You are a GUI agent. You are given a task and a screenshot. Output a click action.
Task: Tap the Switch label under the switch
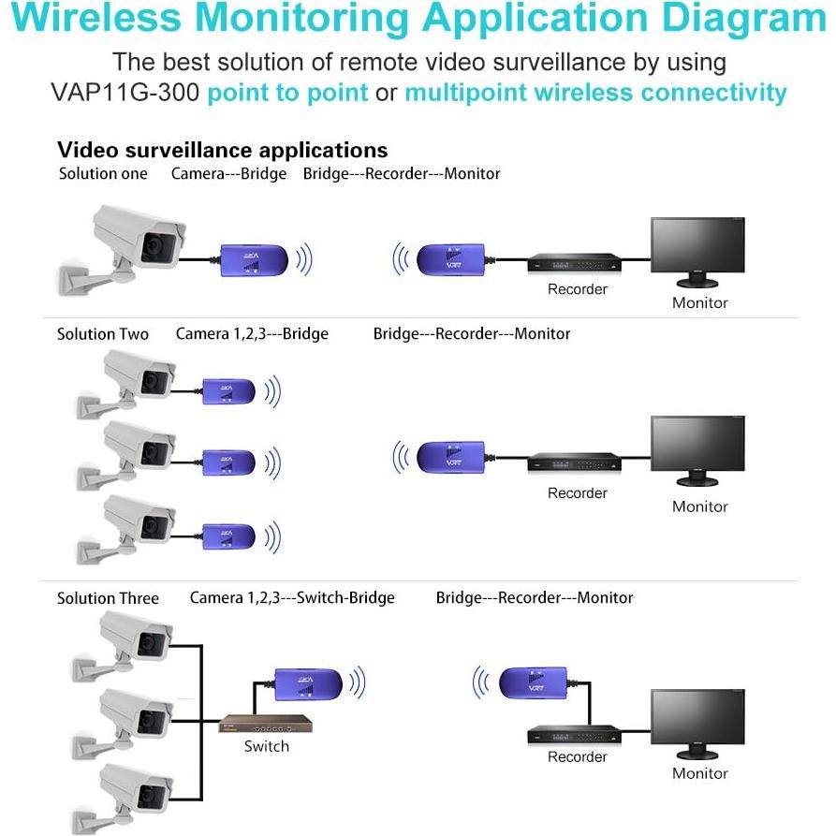point(266,746)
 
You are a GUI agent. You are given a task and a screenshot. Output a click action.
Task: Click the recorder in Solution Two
point(573,462)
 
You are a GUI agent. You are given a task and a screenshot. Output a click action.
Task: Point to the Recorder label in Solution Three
point(577,756)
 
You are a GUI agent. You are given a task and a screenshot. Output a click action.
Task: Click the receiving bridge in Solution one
point(449,257)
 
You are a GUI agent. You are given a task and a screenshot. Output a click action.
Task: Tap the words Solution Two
point(103,334)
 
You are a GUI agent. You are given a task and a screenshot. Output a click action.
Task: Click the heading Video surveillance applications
point(222,150)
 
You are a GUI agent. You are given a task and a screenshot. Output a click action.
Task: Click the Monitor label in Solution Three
point(699,773)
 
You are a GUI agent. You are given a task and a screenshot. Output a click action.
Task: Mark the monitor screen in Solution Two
point(697,445)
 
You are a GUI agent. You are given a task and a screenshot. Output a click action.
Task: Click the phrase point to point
point(286,93)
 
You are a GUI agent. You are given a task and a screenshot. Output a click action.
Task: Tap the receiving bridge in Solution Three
point(533,681)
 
